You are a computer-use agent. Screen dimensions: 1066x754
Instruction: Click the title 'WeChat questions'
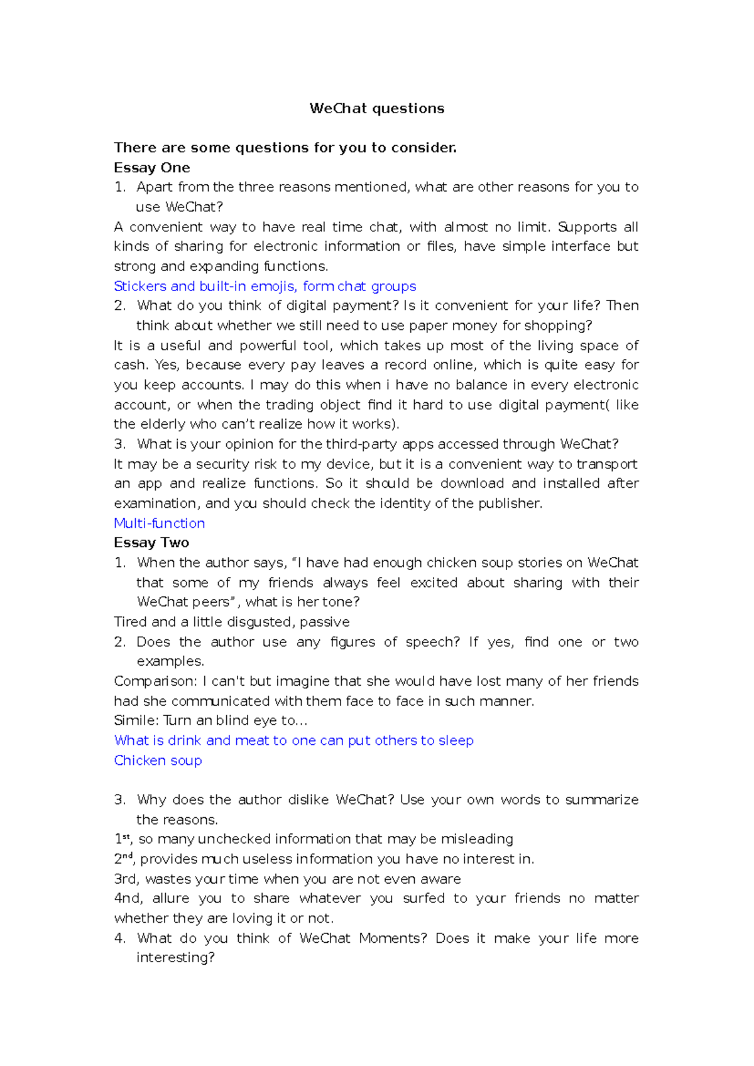pos(376,108)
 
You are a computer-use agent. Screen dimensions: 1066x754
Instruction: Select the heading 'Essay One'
pos(151,168)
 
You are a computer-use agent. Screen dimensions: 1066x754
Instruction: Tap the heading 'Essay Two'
pos(151,542)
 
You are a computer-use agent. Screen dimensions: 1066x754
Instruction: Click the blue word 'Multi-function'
pos(160,523)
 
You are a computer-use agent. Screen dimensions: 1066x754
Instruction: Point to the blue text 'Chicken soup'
pos(158,760)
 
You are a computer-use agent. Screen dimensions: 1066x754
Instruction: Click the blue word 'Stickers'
pos(140,286)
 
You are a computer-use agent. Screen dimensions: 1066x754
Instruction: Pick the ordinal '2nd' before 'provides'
pos(124,859)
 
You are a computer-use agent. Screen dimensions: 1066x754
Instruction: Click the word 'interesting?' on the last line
pos(175,957)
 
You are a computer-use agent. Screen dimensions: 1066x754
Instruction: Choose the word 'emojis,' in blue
pos(274,286)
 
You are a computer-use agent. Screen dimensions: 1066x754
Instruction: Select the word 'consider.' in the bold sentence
pos(424,148)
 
